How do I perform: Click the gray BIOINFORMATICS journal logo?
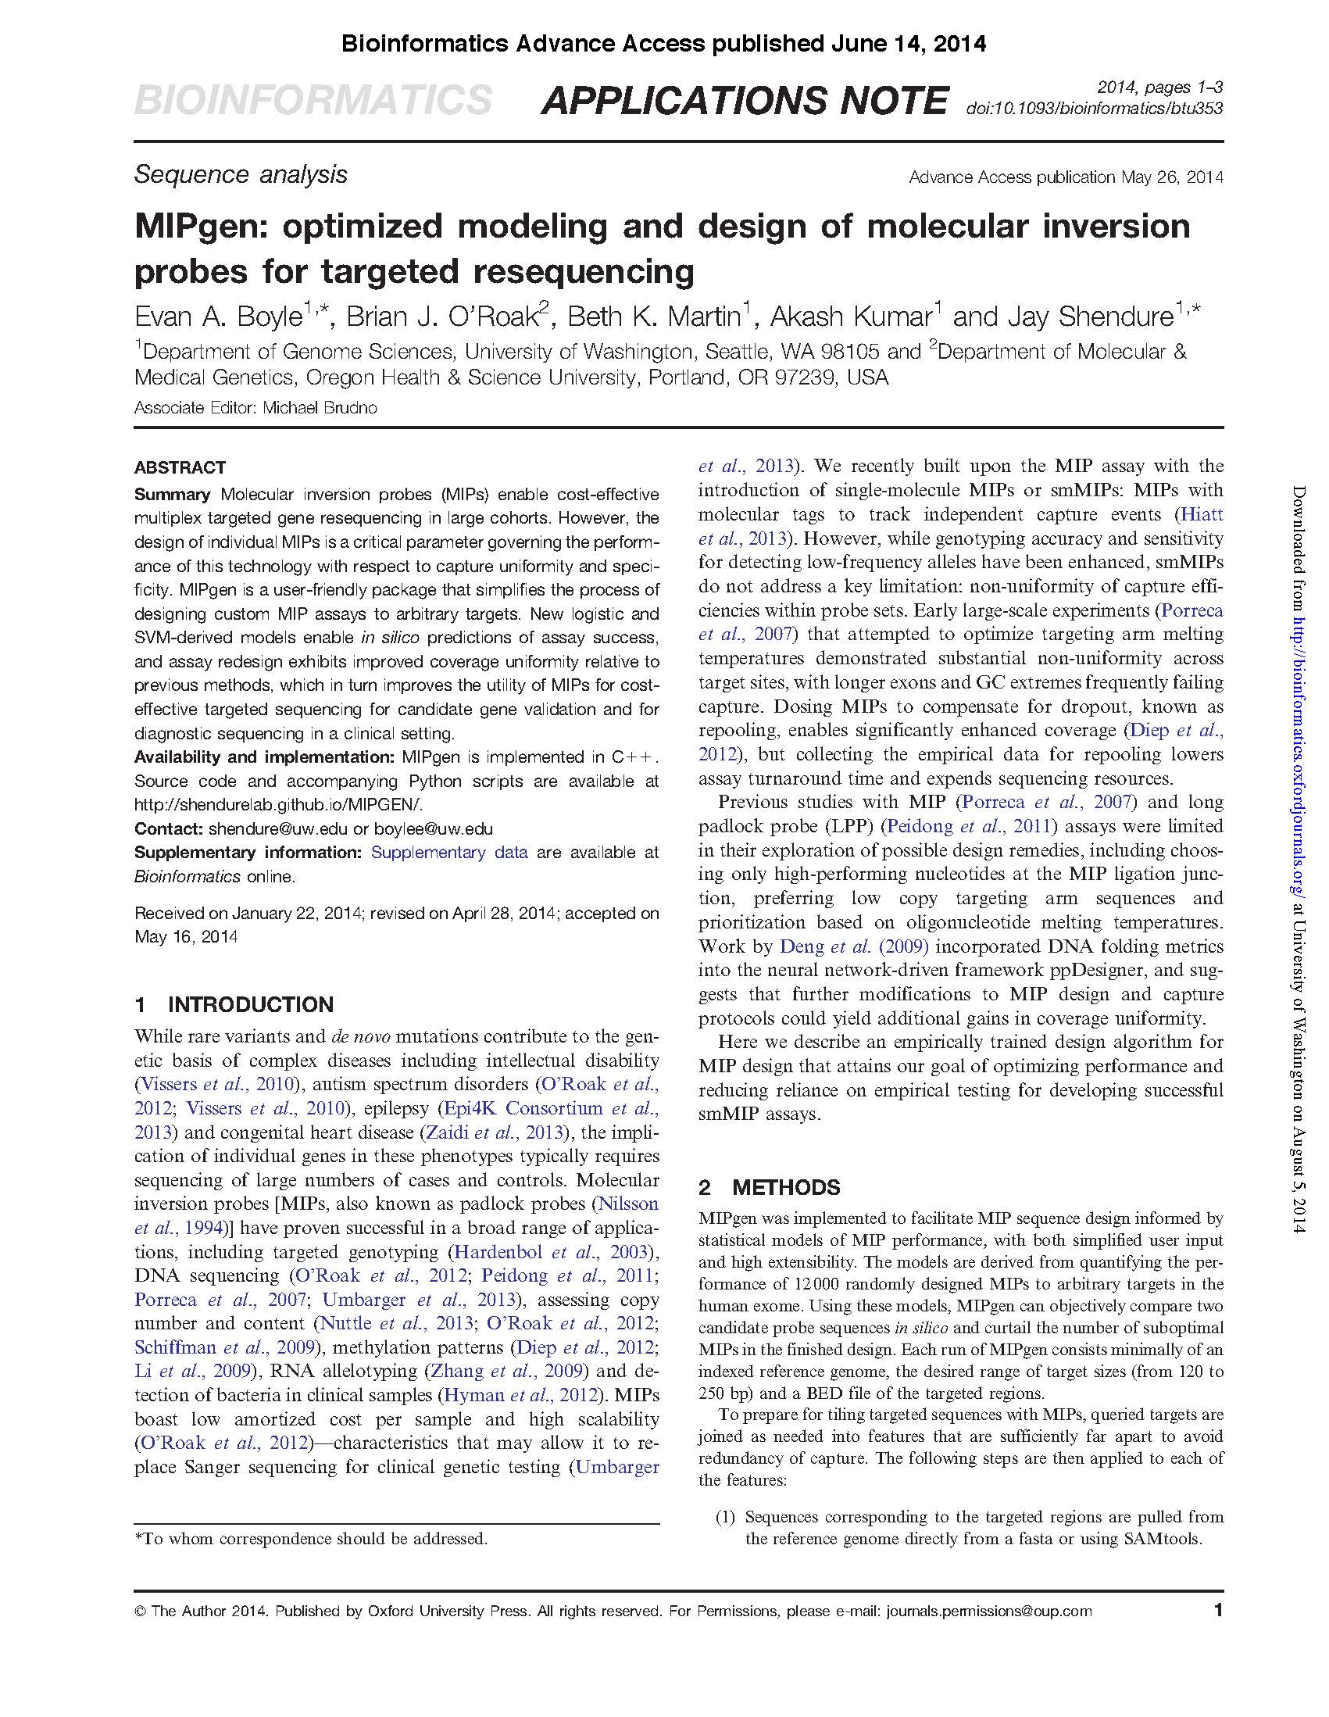tap(313, 102)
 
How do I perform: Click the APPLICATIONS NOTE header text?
tap(744, 102)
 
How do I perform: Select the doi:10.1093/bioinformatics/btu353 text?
tap(1094, 109)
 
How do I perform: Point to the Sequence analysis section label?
tap(241, 174)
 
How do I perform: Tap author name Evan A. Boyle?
tap(219, 317)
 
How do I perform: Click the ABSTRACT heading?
tap(180, 468)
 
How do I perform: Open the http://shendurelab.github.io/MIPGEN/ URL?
tap(279, 804)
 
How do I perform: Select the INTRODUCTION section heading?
tap(251, 1005)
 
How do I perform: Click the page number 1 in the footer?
tap(1218, 1610)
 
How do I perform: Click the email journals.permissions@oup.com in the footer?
tap(988, 1611)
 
